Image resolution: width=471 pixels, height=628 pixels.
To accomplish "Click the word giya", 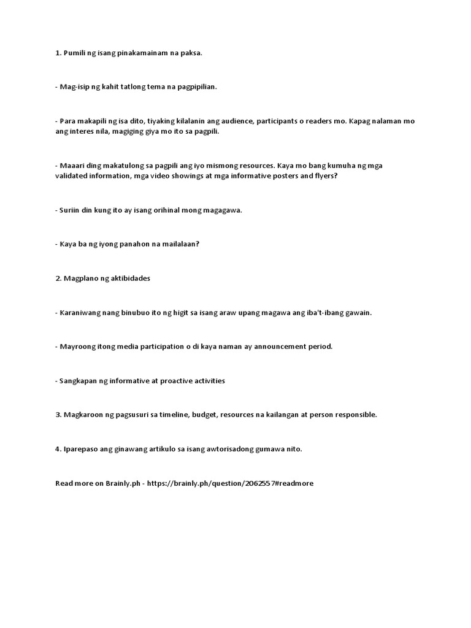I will (x=153, y=131).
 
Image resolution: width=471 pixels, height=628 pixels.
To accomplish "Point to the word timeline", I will (x=171, y=415).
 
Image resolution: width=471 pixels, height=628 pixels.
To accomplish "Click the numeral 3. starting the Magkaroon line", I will (x=58, y=415).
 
